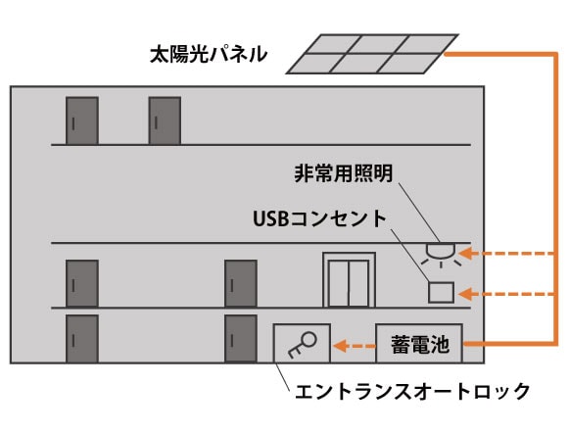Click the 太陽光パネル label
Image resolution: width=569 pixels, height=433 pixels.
coord(209,55)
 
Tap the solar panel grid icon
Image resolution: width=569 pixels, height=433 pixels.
coord(372,54)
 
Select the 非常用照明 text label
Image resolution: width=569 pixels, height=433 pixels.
coord(344,173)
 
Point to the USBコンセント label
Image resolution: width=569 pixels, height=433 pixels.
coord(319,218)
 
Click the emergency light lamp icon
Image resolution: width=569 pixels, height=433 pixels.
coord(441,255)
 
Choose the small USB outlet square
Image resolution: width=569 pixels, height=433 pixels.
coord(441,292)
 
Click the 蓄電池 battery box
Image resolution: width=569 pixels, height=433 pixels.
coord(419,343)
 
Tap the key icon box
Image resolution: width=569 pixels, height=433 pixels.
coord(302,343)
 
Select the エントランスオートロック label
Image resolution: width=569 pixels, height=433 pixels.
coord(412,391)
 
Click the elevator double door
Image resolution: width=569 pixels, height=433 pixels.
coord(349,280)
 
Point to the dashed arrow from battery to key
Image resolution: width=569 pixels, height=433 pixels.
coord(354,346)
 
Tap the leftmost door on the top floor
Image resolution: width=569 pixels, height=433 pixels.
coord(82,120)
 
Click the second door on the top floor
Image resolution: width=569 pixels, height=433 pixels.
coord(165,120)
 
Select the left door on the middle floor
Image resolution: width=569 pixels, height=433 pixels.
coord(82,283)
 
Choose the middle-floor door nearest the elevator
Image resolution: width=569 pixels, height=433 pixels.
coord(241,283)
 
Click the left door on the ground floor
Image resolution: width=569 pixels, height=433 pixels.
coord(82,339)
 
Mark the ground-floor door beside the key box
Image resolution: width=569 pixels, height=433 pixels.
coord(241,339)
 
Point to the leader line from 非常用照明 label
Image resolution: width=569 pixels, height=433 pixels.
coord(419,213)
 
